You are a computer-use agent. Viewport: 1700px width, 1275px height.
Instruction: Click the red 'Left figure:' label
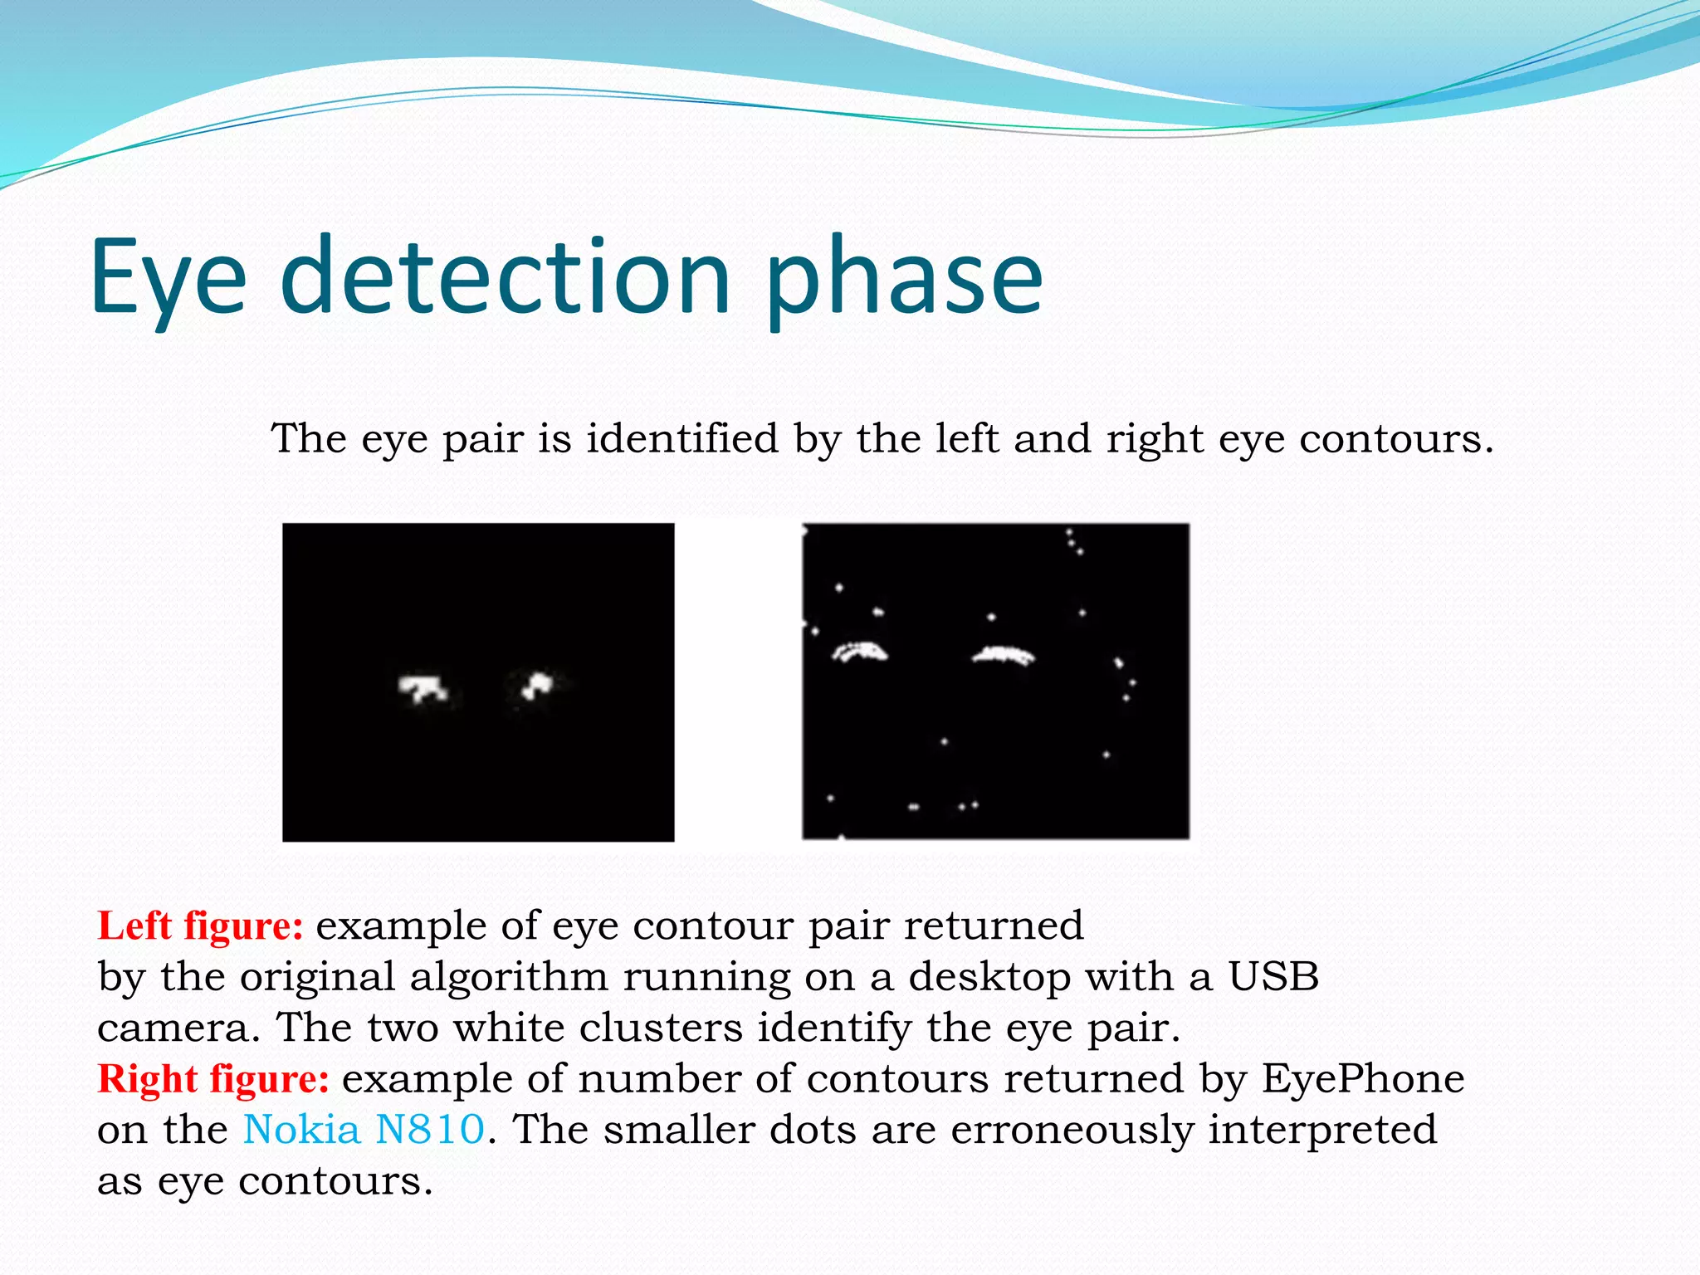tap(200, 926)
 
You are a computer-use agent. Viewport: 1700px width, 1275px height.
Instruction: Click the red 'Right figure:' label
tap(213, 1079)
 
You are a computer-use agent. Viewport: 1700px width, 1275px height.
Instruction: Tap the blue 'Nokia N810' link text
tap(364, 1130)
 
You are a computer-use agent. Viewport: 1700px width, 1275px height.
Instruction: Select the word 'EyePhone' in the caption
tap(1363, 1079)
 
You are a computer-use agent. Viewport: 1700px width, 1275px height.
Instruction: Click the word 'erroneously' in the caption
tap(1072, 1130)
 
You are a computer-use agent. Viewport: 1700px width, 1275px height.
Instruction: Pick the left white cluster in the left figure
tap(423, 687)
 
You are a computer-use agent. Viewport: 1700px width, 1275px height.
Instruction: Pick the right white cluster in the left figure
tap(537, 686)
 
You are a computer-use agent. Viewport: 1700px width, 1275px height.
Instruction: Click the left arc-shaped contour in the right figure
tap(860, 652)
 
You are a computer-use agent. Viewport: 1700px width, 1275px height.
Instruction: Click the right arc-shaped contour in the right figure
tap(1004, 656)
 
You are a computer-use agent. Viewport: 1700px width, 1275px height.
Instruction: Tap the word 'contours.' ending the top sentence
tap(1396, 438)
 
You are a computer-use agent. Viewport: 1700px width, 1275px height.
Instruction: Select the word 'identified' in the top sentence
tap(682, 438)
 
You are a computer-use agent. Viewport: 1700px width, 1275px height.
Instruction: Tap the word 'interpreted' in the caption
tap(1321, 1130)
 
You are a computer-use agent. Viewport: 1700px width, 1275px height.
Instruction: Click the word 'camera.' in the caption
tap(178, 1028)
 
